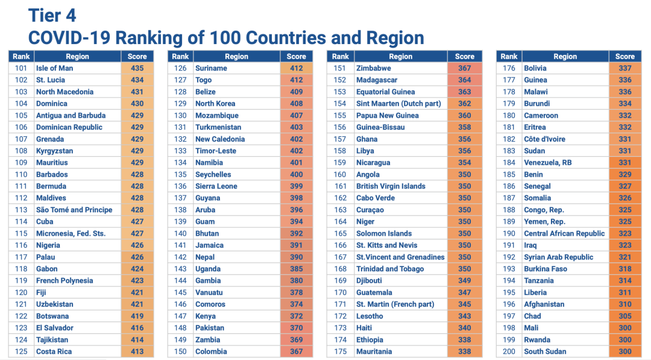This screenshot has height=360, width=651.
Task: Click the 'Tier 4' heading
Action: [x=52, y=14]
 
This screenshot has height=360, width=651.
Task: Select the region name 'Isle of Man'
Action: [x=54, y=68]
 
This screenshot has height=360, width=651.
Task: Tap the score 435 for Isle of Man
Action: [x=137, y=68]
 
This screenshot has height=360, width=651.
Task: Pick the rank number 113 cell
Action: [x=21, y=210]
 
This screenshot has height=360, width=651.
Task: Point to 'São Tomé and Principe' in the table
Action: [x=74, y=210]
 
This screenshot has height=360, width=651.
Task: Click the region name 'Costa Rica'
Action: [x=54, y=352]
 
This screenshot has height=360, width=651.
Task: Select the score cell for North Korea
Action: [x=296, y=104]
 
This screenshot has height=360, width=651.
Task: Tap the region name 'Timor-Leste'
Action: [x=216, y=151]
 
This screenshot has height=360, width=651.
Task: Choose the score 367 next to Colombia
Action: [x=296, y=352]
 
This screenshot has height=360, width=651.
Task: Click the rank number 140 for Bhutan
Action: [x=180, y=233]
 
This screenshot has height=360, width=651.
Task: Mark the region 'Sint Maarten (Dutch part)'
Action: [x=398, y=104]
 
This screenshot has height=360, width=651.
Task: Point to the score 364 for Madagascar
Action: [x=464, y=80]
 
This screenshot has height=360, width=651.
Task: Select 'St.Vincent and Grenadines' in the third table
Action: [x=400, y=257]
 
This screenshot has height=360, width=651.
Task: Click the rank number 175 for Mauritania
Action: [x=340, y=352]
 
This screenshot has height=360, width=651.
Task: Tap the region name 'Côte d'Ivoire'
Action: [x=544, y=139]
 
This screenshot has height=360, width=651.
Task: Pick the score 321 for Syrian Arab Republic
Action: [x=624, y=257]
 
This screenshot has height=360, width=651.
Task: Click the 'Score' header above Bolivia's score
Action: [x=624, y=57]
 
